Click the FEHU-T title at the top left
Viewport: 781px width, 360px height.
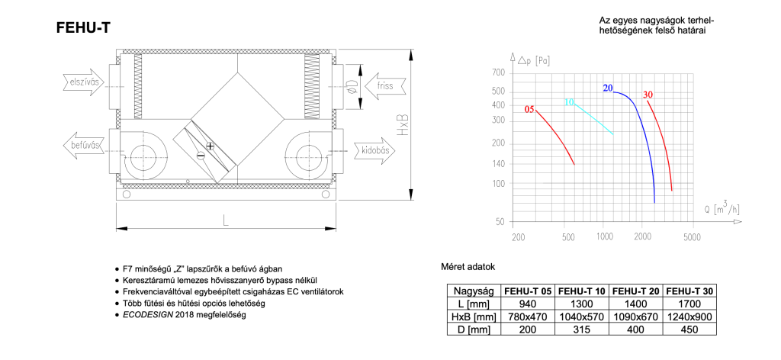click(84, 29)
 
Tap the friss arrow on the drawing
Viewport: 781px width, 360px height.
click(384, 85)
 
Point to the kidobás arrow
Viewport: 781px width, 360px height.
click(375, 150)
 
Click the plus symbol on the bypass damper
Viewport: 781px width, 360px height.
click(210, 146)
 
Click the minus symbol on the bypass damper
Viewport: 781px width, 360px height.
click(201, 156)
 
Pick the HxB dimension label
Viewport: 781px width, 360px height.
click(403, 124)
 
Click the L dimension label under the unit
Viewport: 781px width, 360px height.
click(226, 221)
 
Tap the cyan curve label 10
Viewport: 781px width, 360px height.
click(569, 102)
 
